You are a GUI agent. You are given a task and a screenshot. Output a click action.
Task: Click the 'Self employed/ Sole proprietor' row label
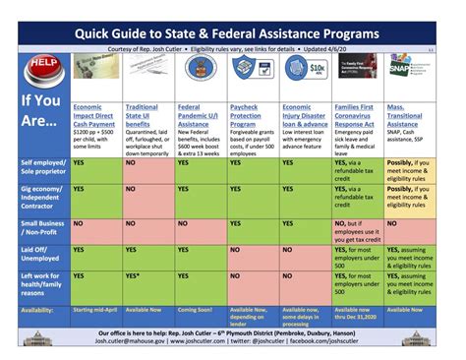click(x=39, y=171)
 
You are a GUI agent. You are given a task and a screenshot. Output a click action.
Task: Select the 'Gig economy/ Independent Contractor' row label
click(x=39, y=197)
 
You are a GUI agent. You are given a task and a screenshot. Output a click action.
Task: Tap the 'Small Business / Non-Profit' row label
click(x=39, y=227)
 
